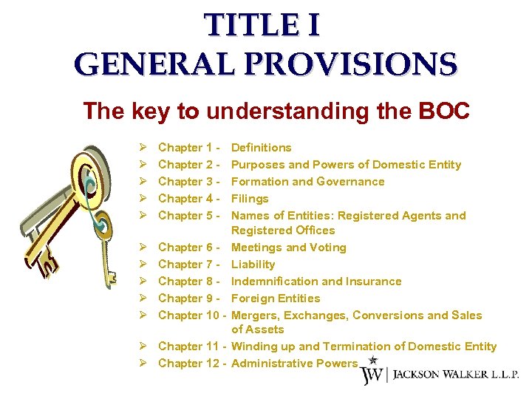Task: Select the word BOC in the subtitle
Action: pos(443,112)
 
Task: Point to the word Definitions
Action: pos(262,148)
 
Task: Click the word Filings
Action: pos(250,199)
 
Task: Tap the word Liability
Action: pos(253,265)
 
